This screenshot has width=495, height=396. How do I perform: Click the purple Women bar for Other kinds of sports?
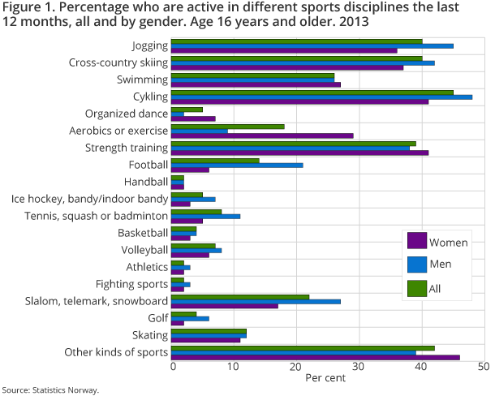316,357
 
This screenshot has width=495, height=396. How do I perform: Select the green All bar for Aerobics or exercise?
228,126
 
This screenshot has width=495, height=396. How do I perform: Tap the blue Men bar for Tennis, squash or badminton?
206,216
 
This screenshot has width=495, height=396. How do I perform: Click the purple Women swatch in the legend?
416,241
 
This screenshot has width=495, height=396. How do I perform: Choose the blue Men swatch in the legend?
416,264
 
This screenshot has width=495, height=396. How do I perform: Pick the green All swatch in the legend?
416,287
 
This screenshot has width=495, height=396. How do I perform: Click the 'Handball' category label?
146,182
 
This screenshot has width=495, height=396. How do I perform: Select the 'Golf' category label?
157,318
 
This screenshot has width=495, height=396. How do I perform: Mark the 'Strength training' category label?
127,148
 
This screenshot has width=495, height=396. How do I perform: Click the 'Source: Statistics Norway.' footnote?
50,390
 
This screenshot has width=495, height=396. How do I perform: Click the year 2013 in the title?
352,22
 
